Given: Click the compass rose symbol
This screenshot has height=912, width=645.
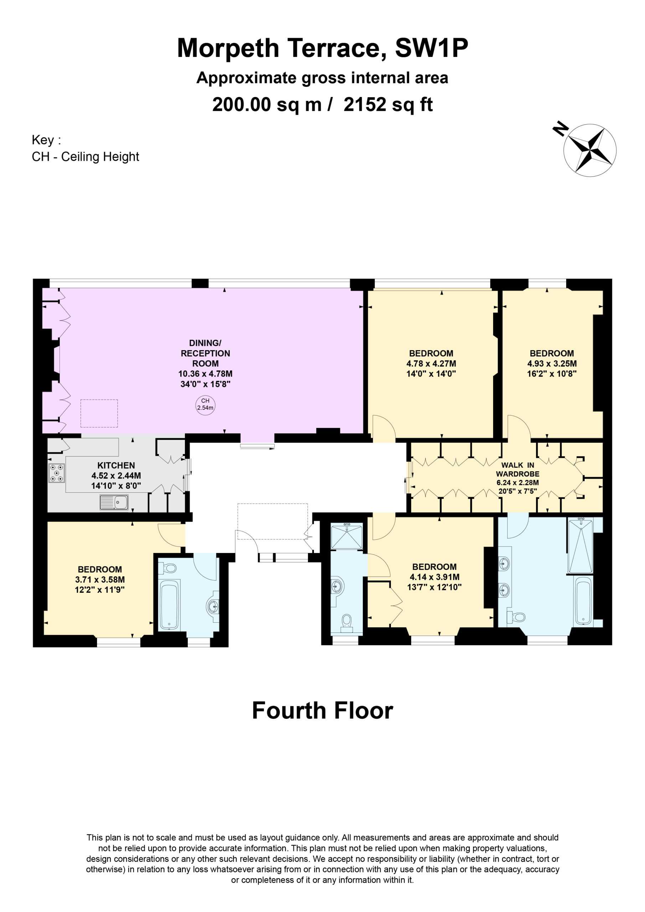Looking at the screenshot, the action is click(590, 150).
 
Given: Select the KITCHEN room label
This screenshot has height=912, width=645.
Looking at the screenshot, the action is click(116, 465).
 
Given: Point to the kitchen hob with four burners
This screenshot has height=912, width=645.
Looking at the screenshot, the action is click(57, 473).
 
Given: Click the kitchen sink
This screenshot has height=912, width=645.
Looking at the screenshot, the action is click(114, 502).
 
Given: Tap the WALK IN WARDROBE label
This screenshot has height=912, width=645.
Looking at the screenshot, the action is click(517, 469).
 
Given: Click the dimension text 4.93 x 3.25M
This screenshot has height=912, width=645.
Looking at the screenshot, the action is click(552, 363).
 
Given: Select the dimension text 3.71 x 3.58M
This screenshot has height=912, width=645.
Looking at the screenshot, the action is click(100, 580).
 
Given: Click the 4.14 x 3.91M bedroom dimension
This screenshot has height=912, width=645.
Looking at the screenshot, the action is click(434, 577).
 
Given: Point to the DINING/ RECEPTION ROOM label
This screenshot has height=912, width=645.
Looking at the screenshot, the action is click(206, 353).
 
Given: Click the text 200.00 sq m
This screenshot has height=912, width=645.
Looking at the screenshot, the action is click(267, 104).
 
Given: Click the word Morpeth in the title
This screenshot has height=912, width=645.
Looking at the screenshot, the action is click(228, 48).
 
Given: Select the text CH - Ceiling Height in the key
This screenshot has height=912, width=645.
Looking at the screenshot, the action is click(86, 156).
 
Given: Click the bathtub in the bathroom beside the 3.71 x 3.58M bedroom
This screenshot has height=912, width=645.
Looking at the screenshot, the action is click(169, 605).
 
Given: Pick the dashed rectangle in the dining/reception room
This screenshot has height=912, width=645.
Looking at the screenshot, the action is click(99, 413).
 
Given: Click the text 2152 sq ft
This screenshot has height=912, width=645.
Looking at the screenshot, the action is click(388, 104).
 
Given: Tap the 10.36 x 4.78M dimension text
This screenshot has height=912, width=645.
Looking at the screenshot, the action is click(206, 374).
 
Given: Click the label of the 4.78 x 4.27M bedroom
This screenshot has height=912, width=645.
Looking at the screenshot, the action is click(431, 353).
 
